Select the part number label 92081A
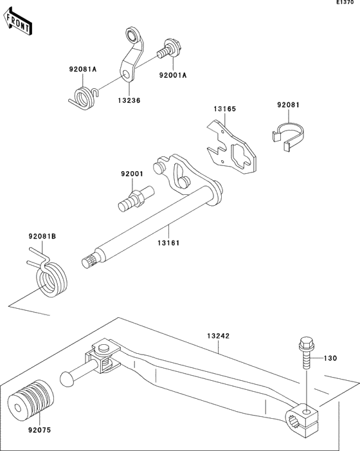coord(83,69)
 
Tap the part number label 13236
coord(129,101)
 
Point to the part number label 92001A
coord(173,75)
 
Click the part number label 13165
coord(225,109)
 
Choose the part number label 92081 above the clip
coord(289,104)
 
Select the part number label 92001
coord(132,174)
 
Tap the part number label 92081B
coord(42,237)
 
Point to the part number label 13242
coord(219,336)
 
